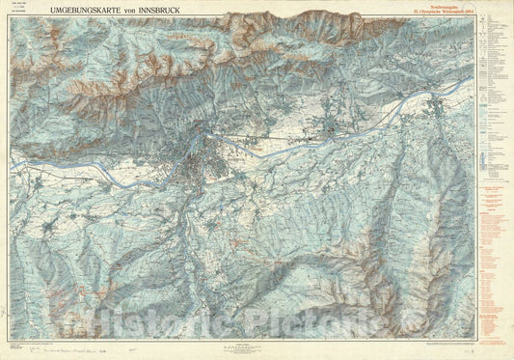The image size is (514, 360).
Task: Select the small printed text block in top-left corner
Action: click(17, 14)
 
